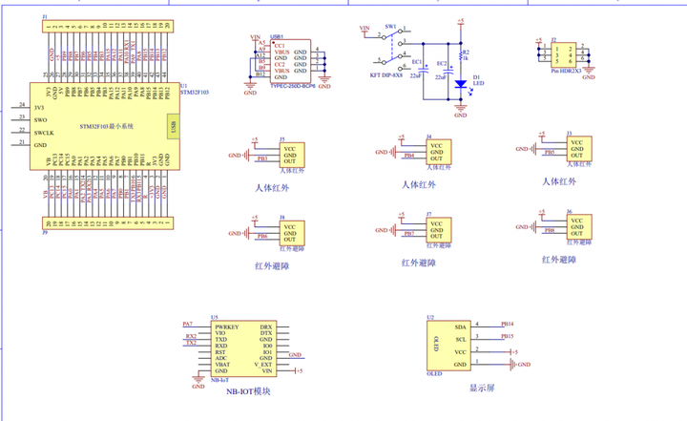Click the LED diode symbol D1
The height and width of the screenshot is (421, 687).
click(460, 84)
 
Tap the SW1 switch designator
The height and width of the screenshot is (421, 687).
click(390, 27)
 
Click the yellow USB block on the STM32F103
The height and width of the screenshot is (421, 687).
click(171, 126)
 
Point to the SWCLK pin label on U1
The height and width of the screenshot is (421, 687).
click(45, 133)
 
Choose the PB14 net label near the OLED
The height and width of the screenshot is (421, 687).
click(508, 324)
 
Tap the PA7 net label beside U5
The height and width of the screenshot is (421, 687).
click(187, 325)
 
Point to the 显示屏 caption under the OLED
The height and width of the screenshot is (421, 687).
click(481, 389)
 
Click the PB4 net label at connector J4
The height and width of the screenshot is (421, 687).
click(408, 155)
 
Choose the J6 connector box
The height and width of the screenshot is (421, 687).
click(576, 226)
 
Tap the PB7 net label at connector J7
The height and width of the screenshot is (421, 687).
click(408, 233)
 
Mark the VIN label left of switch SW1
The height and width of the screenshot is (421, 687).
click(364, 29)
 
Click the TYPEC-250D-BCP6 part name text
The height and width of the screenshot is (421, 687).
click(292, 85)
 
